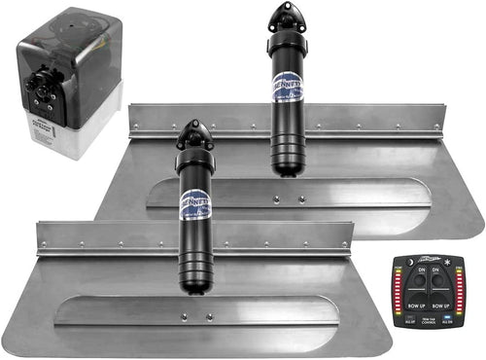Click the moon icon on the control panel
tap(409, 262)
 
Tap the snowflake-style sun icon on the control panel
tap(447, 262)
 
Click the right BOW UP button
tap(440, 305)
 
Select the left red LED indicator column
tap(398, 291)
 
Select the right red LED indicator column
tap(459, 291)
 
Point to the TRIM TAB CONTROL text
tap(428, 321)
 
